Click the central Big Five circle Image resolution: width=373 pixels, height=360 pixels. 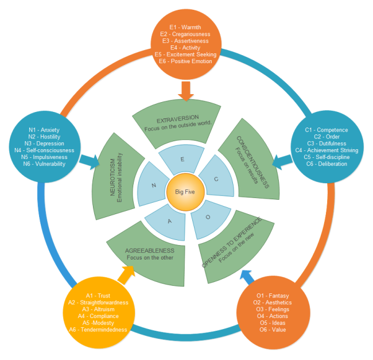186,191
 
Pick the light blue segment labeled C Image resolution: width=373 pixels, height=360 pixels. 215,180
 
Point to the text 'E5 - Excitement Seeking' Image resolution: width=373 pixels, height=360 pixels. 185,54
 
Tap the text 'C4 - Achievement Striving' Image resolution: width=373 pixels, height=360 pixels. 332,150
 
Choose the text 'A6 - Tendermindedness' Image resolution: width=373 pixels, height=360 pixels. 98,330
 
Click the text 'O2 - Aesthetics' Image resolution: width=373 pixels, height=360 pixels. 274,303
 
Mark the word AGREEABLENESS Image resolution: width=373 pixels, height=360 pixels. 149,250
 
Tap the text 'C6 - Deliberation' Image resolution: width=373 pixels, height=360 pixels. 327,164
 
